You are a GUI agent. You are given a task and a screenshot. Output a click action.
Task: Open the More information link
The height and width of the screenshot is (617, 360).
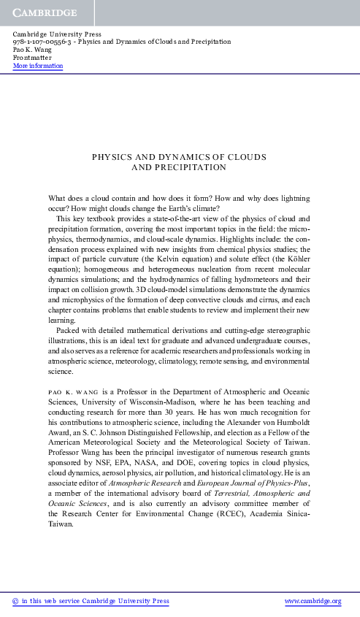[x=38, y=66]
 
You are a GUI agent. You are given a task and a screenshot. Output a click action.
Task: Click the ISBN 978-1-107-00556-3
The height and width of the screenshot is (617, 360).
[x=45, y=42]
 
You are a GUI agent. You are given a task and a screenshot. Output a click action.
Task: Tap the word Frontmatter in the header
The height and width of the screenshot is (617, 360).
[x=31, y=58]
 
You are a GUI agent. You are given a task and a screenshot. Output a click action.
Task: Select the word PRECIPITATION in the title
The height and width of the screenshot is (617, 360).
[x=197, y=167]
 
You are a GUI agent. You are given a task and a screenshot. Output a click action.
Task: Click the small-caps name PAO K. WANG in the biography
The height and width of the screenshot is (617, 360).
[x=73, y=391]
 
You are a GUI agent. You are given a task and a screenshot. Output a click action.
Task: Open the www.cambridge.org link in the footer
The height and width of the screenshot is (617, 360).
[x=312, y=601]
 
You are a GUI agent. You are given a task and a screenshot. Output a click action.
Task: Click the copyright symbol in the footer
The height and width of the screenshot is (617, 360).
[x=16, y=601]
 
